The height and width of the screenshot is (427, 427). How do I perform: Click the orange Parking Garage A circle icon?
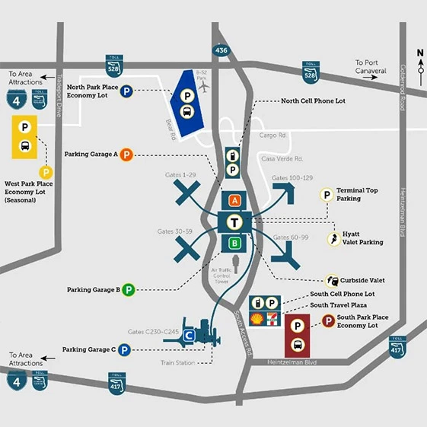click(x=127, y=155)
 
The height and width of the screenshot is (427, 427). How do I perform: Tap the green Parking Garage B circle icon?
click(x=129, y=290)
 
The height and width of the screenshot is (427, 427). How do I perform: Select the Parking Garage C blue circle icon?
click(x=124, y=350)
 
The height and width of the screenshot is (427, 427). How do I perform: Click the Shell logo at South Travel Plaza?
click(x=257, y=318)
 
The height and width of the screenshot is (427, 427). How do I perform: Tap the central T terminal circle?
click(x=235, y=221)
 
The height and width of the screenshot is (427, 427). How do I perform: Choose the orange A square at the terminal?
click(x=235, y=200)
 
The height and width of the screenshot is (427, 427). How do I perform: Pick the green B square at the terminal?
click(x=235, y=244)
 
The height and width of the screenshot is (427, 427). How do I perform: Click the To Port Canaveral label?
click(x=376, y=67)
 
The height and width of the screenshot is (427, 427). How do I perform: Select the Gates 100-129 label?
click(x=293, y=177)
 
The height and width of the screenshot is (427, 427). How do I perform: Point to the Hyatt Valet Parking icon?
click(x=333, y=239)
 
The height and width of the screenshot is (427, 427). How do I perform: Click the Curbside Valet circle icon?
click(x=333, y=281)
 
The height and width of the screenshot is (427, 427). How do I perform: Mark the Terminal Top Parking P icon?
click(x=327, y=195)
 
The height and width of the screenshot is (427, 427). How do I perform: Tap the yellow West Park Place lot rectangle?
click(x=25, y=137)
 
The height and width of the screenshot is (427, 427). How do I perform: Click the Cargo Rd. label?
click(x=272, y=135)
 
